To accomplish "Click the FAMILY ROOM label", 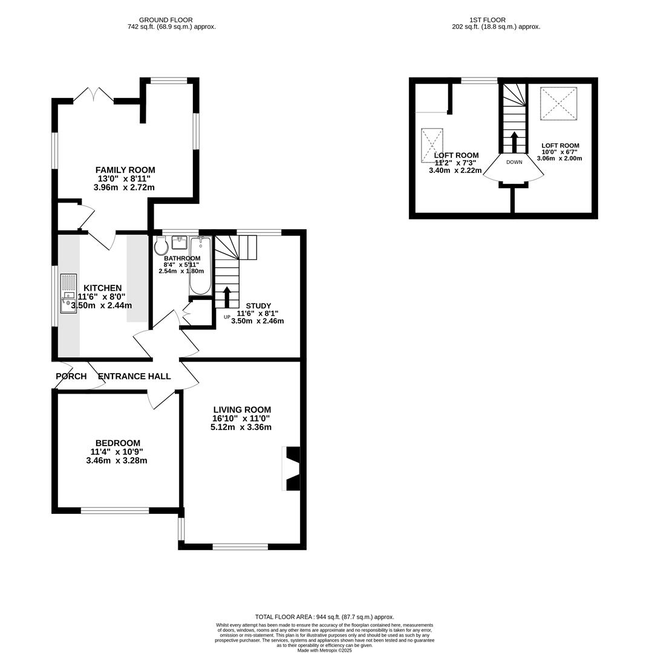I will click(125, 170).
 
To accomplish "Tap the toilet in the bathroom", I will click(161, 245).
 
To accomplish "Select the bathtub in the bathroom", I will click(200, 266).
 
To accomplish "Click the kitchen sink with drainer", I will click(68, 293).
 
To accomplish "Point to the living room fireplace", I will click(292, 468).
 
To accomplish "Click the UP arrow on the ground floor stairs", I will click(227, 297).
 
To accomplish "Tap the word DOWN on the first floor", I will click(514, 162).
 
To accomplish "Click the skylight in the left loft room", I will click(432, 145).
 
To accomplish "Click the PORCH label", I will click(71, 376).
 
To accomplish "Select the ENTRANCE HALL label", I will click(134, 376).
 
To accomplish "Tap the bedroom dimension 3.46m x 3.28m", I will click(117, 461).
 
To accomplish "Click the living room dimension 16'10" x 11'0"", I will click(241, 418).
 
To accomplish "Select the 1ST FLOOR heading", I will click(487, 20).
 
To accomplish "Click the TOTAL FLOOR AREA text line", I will click(324, 617).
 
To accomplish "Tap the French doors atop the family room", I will click(94, 97).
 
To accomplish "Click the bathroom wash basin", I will click(179, 243).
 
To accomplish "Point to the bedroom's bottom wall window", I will click(115, 510).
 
